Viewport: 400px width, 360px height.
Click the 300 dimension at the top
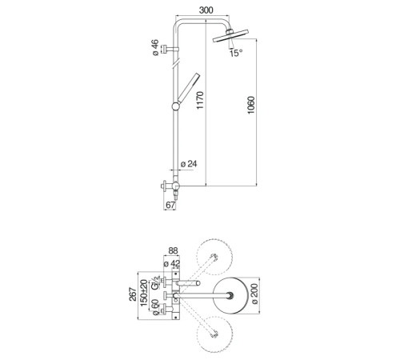click(206, 10)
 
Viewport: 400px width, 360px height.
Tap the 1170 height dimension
click(200, 100)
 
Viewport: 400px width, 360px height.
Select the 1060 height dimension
click(251, 105)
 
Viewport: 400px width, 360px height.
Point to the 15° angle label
click(236, 53)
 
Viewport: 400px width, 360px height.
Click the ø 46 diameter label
click(155, 47)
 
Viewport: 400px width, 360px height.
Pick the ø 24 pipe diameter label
click(189, 164)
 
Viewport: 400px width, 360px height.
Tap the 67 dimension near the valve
click(170, 205)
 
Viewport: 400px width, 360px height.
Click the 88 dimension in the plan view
click(173, 250)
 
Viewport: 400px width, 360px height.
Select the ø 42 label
click(172, 264)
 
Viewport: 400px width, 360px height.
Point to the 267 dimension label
click(133, 294)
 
